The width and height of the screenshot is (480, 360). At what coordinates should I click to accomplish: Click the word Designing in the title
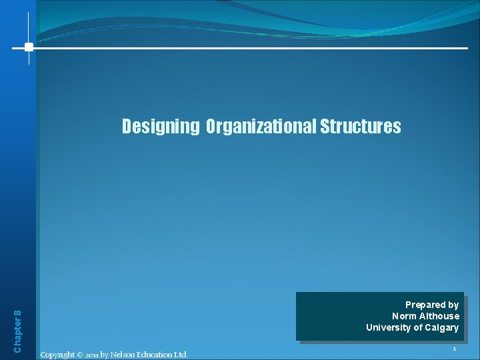pos(160,127)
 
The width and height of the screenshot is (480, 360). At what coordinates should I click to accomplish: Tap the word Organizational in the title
pos(261,127)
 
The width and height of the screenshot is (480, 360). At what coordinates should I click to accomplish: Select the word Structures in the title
pos(361,127)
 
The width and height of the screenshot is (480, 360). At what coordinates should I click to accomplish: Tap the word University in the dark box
pos(388,327)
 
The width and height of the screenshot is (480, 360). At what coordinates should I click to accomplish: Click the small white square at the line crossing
pos(29,47)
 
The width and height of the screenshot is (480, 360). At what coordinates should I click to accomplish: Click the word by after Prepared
pos(453,305)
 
